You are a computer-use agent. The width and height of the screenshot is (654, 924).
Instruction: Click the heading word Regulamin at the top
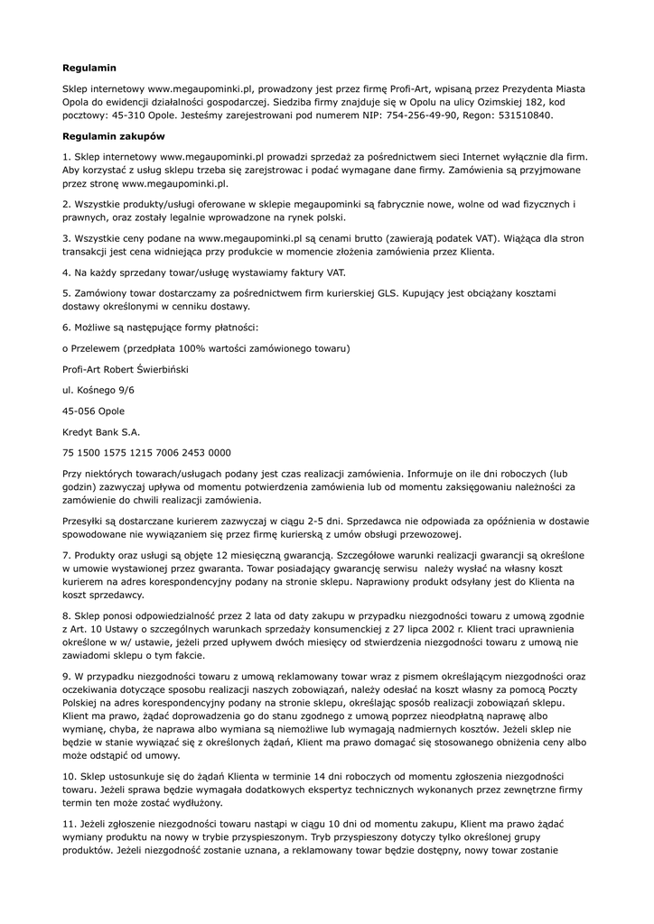pos(89,68)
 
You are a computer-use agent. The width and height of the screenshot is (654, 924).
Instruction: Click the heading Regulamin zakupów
pos(113,136)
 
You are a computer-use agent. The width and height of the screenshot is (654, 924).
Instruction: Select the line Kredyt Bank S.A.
pos(101,432)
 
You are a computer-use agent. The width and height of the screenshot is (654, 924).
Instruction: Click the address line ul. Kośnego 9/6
pos(98,390)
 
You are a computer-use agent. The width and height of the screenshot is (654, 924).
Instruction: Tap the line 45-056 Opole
pos(94,411)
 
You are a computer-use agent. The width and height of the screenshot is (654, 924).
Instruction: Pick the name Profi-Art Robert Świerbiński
pos(125,369)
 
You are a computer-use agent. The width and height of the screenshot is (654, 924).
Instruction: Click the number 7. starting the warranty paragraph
pos(67,555)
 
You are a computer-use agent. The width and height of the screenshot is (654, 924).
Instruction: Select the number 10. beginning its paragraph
pos(70,775)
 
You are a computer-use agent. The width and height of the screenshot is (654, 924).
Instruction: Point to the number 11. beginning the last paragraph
pos(70,824)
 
